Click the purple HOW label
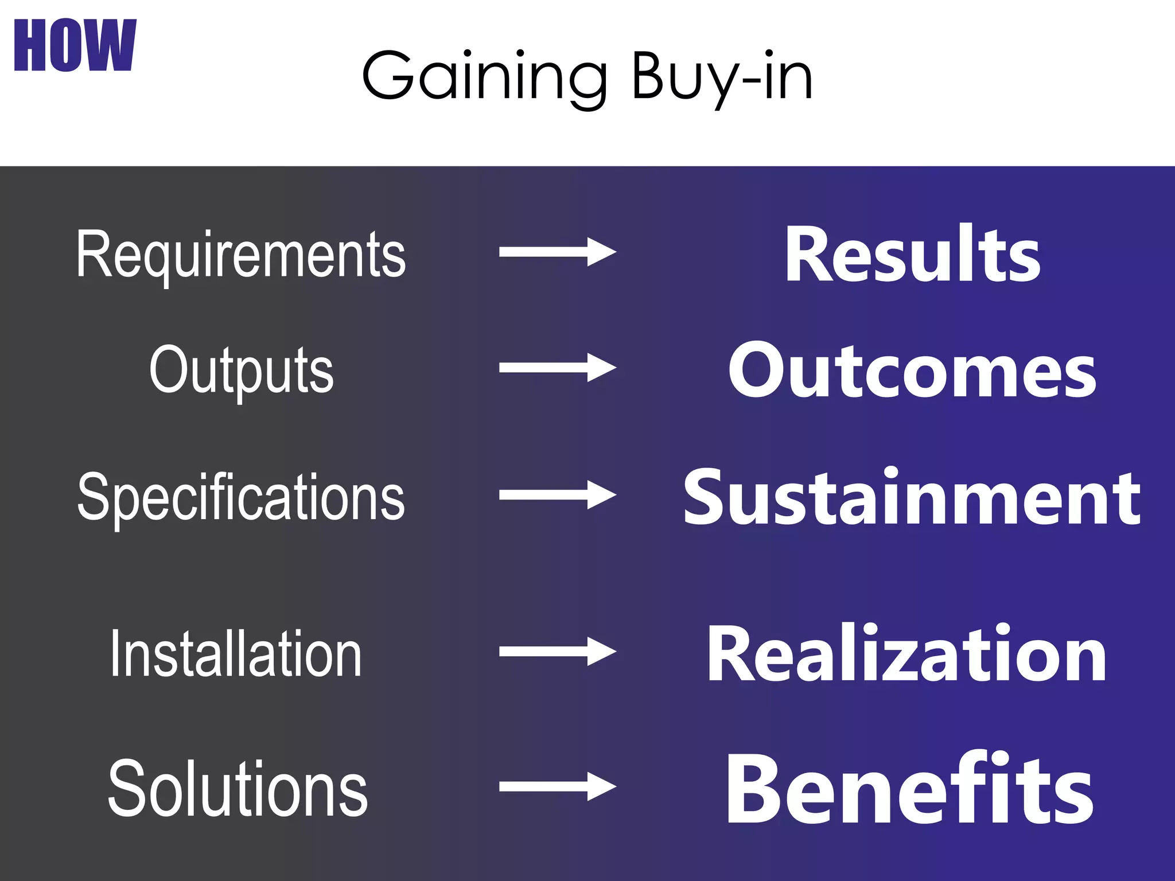point(75,45)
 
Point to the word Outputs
point(241,370)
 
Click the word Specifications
point(241,497)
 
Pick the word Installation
point(236,653)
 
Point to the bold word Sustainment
point(912,497)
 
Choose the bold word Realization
point(906,653)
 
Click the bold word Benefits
point(910,789)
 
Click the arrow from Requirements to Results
point(557,252)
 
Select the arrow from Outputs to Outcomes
point(557,368)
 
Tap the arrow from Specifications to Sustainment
point(557,494)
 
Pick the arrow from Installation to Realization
point(557,651)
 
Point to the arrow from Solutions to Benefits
point(557,786)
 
